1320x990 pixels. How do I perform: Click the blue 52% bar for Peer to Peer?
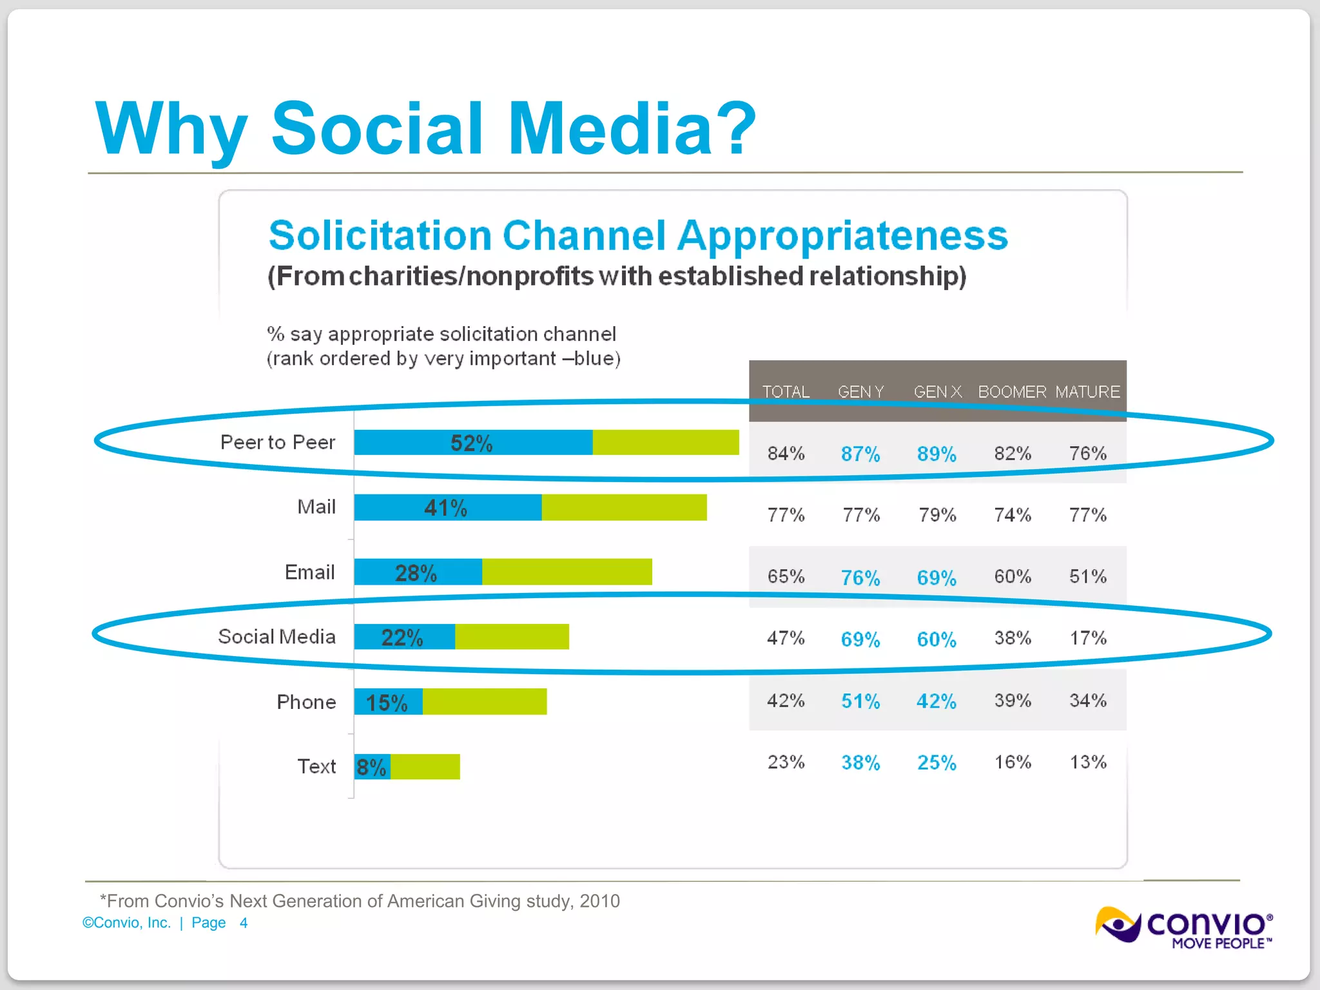point(472,443)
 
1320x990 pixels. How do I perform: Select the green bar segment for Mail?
point(624,508)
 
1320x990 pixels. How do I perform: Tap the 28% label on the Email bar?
point(416,573)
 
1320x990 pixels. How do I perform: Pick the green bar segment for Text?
point(425,767)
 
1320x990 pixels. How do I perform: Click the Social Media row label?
point(277,637)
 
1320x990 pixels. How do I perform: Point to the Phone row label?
point(306,702)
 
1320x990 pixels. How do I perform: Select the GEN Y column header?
point(860,392)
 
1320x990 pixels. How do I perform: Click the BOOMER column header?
point(1012,392)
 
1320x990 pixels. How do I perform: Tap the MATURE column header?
point(1087,392)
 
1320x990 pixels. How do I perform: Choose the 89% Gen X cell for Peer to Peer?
point(937,454)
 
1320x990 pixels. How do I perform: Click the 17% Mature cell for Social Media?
point(1088,639)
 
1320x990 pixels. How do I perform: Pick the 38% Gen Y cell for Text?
point(860,763)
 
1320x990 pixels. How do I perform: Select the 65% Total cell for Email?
point(786,577)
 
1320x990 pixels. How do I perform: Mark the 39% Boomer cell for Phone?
point(1013,701)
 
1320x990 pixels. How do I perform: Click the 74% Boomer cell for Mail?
point(1013,515)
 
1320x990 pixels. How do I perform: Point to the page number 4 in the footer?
point(244,923)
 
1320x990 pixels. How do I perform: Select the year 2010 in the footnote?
point(599,901)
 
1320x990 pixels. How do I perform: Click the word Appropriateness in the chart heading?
point(842,236)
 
